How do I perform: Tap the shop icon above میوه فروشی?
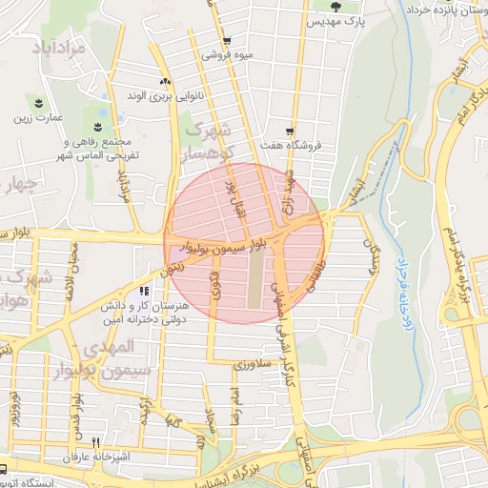click(x=226, y=40)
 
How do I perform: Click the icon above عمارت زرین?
click(x=38, y=102)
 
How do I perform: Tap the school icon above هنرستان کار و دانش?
click(x=144, y=291)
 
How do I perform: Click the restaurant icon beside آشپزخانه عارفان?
click(x=95, y=442)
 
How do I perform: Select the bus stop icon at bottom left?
click(x=5, y=469)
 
